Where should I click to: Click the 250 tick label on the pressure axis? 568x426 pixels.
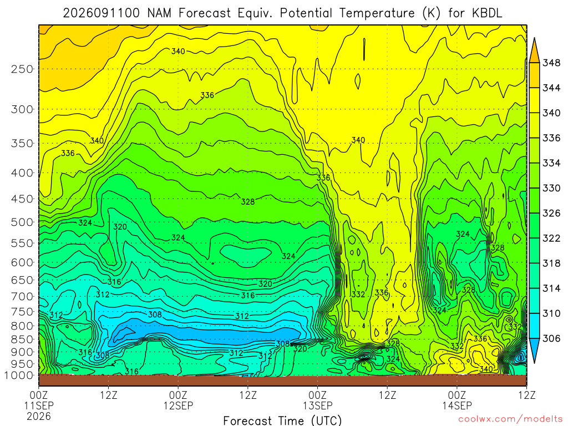click(x=22, y=69)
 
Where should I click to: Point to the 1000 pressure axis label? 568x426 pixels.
click(x=18, y=376)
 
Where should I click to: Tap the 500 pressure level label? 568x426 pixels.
click(x=22, y=222)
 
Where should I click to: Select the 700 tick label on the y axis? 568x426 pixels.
click(x=22, y=297)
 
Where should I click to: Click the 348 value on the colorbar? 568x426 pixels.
click(x=551, y=63)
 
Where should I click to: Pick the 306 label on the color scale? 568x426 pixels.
click(x=551, y=338)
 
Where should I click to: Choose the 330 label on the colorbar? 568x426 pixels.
click(x=551, y=188)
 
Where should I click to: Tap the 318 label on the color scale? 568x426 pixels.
click(x=551, y=263)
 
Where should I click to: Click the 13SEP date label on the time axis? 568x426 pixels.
click(x=318, y=405)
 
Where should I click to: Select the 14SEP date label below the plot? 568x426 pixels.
click(x=457, y=405)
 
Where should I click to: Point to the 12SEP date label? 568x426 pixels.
click(x=178, y=405)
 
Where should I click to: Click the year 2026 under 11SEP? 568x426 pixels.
click(x=39, y=416)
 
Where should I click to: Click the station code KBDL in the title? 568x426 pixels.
click(x=487, y=13)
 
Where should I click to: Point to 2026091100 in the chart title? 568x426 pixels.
click(x=102, y=13)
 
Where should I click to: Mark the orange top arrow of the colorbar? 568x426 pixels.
click(x=534, y=49)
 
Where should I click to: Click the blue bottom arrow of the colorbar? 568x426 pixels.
click(x=534, y=351)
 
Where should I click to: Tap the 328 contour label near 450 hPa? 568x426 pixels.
click(x=248, y=201)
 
